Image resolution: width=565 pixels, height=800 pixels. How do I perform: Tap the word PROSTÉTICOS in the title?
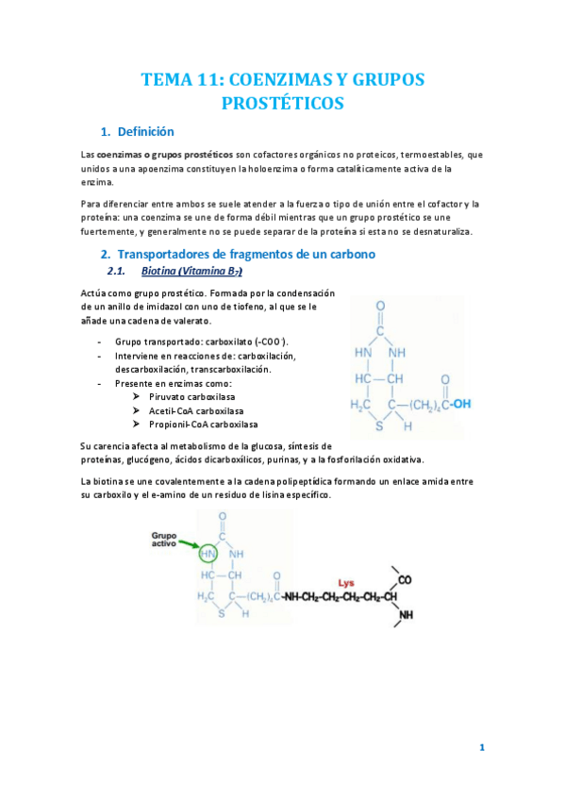click(x=282, y=103)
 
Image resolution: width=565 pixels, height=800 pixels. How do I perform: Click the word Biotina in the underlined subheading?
click(x=158, y=272)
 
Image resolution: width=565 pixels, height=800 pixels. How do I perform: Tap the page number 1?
click(x=482, y=748)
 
